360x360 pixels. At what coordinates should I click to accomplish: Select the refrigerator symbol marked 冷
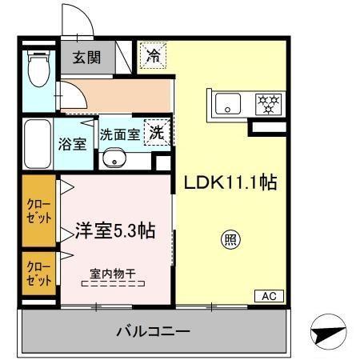click(x=152, y=56)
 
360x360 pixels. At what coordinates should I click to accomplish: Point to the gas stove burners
click(x=266, y=103)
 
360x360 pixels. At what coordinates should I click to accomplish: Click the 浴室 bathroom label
click(x=73, y=144)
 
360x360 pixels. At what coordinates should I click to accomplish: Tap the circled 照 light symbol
click(x=230, y=238)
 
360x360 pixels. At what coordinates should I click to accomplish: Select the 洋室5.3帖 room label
click(x=114, y=231)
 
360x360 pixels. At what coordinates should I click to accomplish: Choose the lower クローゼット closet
click(x=36, y=272)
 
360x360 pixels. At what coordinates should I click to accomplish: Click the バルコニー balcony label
click(x=152, y=330)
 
